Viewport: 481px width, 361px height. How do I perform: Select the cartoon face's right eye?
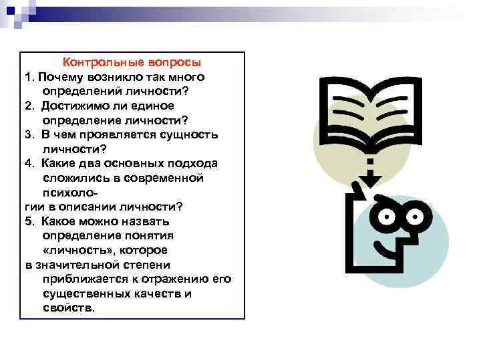point(413,216)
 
